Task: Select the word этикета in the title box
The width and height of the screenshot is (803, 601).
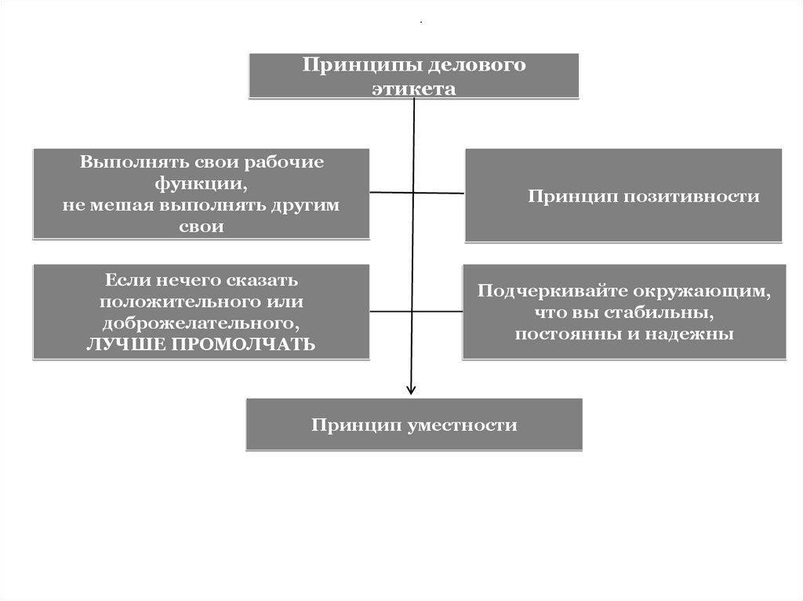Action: pos(414,89)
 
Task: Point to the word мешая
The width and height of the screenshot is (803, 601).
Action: pos(125,205)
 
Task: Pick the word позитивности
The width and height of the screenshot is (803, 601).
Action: pos(692,196)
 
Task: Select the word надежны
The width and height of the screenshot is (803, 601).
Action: pos(696,334)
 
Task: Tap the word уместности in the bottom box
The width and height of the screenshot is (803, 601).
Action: pos(463,425)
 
